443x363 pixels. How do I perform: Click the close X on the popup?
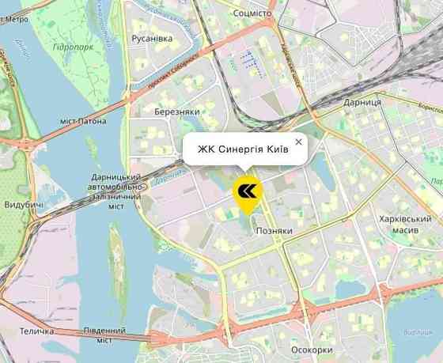298,142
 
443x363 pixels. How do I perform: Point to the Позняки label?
275,231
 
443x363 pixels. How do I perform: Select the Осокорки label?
312,350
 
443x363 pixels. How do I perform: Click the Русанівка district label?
152,38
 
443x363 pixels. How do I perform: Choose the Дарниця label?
363,103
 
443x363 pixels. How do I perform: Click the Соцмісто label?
254,13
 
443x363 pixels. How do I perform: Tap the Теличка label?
36,331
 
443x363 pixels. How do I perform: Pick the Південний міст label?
104,335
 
